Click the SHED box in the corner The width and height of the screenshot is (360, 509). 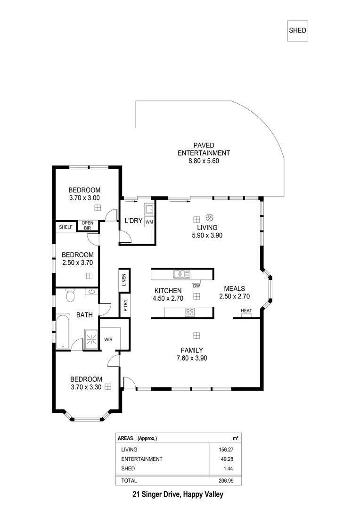coord(297,31)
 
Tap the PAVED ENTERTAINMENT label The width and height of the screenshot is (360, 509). coord(204,153)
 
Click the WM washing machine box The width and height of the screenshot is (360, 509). coord(149,222)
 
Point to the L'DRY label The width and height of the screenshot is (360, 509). coord(133,221)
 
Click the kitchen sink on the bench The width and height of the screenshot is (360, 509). coord(181,274)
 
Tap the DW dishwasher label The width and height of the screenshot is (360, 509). coord(196,286)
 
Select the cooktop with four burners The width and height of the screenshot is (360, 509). coord(190,312)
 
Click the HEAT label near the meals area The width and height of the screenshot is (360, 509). coord(246,311)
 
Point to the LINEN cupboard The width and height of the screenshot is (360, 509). coord(124,280)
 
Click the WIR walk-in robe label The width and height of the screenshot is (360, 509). coord(108,339)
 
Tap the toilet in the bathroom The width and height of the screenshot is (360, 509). coord(70,296)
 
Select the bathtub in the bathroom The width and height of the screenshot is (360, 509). coord(62,333)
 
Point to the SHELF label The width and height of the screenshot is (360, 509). coord(65,227)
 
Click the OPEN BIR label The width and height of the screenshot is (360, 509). coord(87,226)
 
